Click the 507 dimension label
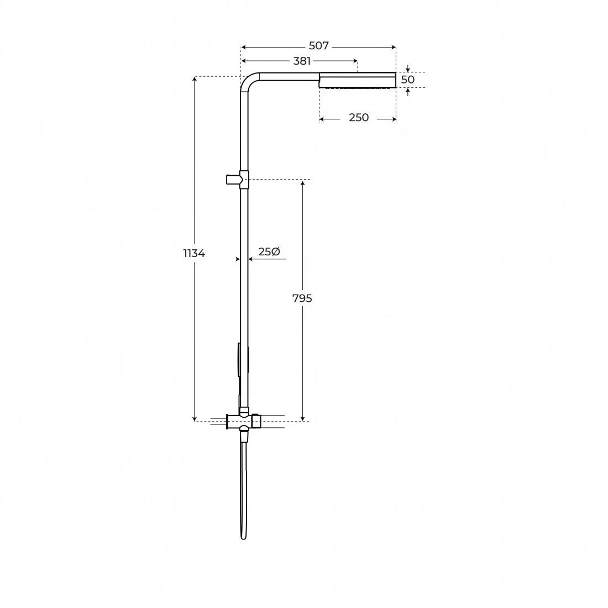tap(319, 46)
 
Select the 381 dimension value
tap(302, 61)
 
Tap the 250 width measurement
tap(359, 118)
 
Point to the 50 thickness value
tap(407, 80)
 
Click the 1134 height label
tap(194, 254)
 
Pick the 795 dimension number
tap(302, 298)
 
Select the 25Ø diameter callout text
tap(269, 251)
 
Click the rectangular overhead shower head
tap(358, 80)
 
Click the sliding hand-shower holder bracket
tap(237, 179)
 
